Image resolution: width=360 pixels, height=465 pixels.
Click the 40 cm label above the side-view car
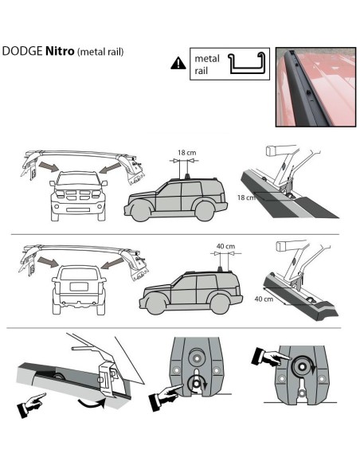coord(225,246)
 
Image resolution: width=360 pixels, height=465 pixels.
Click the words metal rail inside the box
coord(206,64)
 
